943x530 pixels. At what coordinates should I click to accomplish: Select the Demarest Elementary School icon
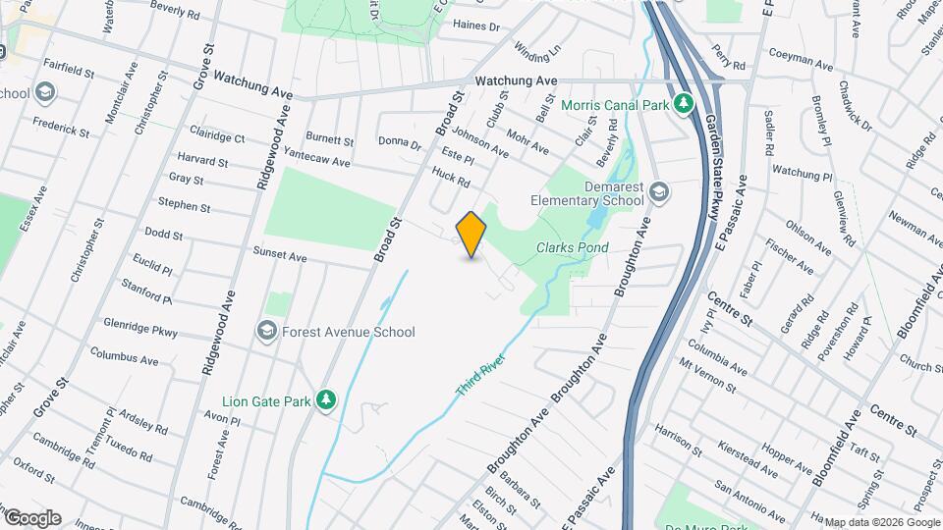[658, 192]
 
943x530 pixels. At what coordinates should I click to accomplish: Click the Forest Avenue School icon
[266, 332]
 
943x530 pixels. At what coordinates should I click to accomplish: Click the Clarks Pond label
[573, 247]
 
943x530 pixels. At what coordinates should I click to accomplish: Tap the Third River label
[480, 375]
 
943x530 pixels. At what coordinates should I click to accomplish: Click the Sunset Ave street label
[280, 256]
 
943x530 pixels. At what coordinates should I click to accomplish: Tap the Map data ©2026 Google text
[881, 522]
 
